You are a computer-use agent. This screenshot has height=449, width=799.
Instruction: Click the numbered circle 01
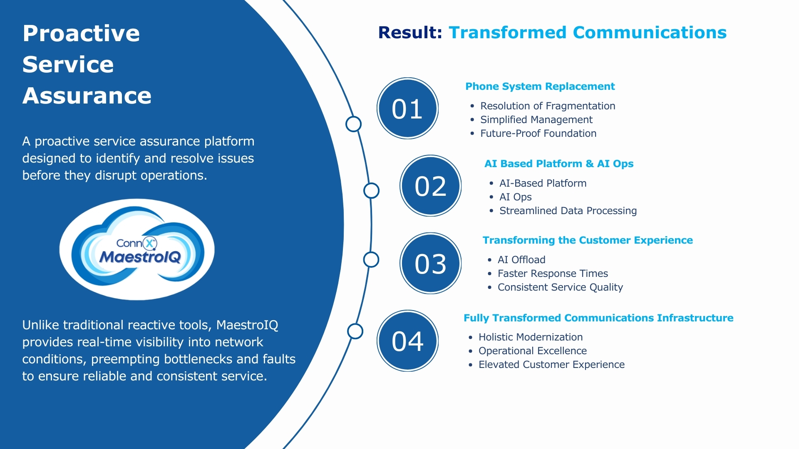click(407, 109)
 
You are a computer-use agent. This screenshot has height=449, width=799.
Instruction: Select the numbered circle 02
click(430, 186)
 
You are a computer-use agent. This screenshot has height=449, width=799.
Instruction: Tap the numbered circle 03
click(430, 263)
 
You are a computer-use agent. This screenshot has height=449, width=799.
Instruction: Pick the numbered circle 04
click(407, 340)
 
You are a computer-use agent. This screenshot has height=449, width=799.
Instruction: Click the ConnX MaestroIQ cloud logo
click(137, 249)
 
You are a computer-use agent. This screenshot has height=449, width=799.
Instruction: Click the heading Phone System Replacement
click(540, 86)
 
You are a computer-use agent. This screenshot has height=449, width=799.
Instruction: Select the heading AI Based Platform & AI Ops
click(558, 164)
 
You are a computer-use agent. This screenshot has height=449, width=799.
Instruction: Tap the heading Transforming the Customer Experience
click(588, 240)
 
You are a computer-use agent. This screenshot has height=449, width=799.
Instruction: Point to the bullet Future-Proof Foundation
click(538, 133)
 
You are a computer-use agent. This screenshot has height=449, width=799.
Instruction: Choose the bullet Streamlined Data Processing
click(568, 211)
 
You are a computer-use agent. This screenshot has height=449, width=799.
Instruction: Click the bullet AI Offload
click(521, 260)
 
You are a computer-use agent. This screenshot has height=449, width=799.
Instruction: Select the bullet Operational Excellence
click(532, 351)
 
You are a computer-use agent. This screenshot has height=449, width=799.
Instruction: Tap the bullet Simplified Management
click(536, 120)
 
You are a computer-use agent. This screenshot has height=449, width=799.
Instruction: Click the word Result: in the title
click(410, 32)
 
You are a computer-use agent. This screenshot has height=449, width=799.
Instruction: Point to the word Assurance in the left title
click(87, 96)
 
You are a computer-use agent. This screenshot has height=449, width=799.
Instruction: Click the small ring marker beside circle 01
click(353, 124)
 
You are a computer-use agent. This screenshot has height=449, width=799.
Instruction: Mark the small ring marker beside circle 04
click(355, 331)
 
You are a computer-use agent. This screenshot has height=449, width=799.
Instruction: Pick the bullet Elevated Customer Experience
click(551, 365)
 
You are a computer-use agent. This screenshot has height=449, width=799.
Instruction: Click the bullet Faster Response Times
click(553, 274)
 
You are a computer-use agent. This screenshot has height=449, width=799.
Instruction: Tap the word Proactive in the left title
click(81, 33)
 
